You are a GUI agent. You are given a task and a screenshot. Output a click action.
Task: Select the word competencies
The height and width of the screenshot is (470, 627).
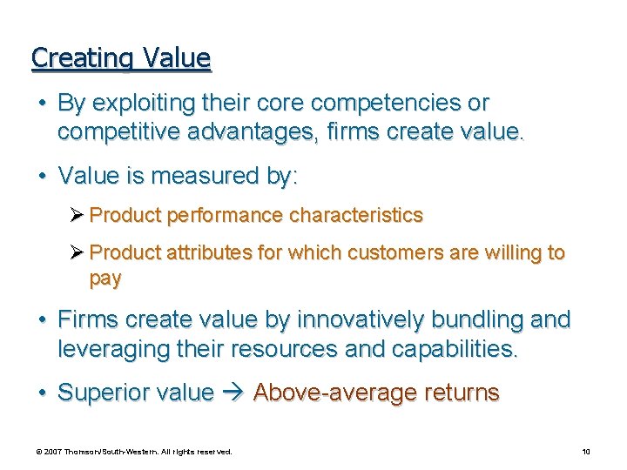[388, 103]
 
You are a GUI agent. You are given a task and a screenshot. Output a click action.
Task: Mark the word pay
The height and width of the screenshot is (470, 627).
[105, 279]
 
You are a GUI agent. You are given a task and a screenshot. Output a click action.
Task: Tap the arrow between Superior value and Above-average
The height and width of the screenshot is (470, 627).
[233, 393]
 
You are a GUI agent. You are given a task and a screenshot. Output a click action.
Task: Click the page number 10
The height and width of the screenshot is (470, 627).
[586, 452]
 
